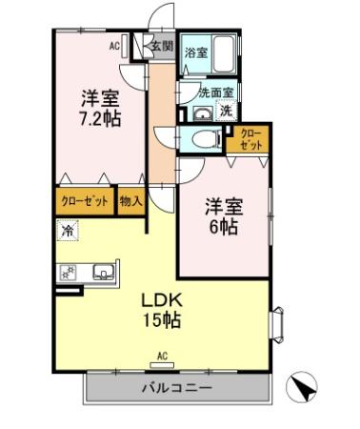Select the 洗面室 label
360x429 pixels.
[217, 92]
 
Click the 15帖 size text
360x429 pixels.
[163, 321]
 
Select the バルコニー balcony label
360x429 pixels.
[178, 388]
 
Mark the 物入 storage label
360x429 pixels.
[130, 201]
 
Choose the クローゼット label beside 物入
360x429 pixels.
[85, 201]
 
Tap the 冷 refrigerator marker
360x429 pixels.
[66, 230]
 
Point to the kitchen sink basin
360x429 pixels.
[102, 273]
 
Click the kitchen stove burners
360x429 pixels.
[68, 273]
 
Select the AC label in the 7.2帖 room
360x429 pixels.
[113, 45]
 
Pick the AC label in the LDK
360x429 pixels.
[162, 356]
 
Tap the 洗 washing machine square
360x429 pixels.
[227, 111]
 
